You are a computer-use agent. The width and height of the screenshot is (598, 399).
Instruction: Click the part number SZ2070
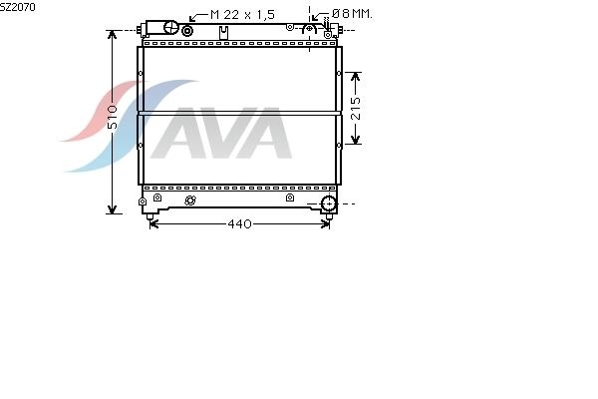point(18,7)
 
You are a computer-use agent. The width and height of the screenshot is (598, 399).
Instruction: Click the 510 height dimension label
point(113,117)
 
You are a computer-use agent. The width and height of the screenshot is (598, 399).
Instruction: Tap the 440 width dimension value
point(239,223)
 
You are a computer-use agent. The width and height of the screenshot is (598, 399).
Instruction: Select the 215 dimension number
point(356,109)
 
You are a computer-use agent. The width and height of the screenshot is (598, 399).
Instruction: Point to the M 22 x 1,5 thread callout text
point(242,15)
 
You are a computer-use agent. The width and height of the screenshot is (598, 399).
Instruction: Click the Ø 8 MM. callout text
point(352,14)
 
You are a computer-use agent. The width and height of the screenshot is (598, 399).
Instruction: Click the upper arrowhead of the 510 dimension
point(112,35)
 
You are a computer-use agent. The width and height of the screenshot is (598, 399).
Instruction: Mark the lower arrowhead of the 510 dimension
point(112,208)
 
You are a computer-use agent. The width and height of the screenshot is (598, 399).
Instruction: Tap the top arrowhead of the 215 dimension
point(356,77)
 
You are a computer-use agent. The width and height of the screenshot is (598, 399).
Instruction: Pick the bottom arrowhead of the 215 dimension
point(356,140)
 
